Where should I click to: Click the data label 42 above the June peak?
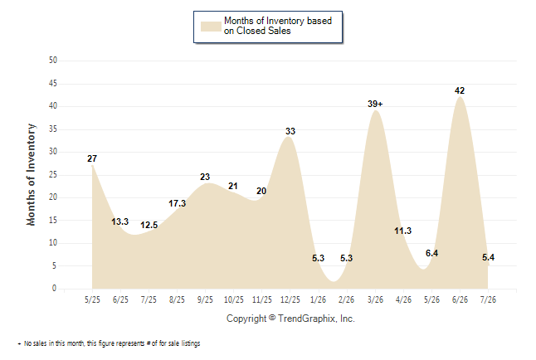click(460, 90)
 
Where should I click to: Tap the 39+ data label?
click(375, 104)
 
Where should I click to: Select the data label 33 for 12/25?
click(290, 131)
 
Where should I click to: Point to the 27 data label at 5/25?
click(92, 158)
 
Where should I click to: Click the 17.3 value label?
click(177, 203)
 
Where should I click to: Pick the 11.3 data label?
click(402, 231)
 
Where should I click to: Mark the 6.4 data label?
click(431, 253)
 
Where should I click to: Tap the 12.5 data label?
click(149, 225)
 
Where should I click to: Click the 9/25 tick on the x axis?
click(205, 299)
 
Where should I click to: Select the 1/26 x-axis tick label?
click(318, 299)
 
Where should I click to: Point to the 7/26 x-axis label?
click(488, 299)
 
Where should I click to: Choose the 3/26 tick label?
click(375, 299)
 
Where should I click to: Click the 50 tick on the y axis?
click(53, 61)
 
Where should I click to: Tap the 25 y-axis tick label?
click(53, 175)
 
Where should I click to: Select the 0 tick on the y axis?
click(55, 289)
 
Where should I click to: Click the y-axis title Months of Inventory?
click(31, 175)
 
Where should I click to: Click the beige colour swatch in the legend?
click(211, 27)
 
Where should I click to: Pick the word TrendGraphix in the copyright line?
click(306, 319)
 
